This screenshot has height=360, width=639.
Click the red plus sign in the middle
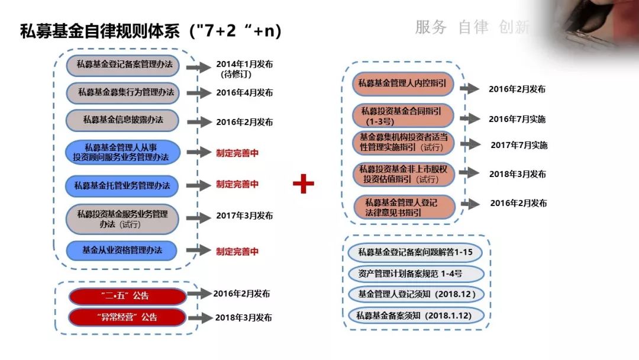[x=304, y=184]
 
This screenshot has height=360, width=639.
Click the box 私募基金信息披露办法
[x=122, y=120]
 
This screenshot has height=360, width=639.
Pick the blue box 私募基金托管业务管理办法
[x=122, y=185]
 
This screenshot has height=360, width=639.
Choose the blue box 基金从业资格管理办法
[x=122, y=250]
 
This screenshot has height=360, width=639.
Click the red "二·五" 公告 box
[x=127, y=295]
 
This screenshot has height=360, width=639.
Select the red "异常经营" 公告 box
[x=127, y=317]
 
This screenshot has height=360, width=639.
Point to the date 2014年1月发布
[x=244, y=64]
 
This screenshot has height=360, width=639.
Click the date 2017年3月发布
[x=244, y=216]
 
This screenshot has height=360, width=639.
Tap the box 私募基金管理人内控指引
[x=402, y=83]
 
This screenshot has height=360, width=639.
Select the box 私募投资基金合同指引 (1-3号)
[x=402, y=115]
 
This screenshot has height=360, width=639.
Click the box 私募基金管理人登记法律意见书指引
[x=405, y=207]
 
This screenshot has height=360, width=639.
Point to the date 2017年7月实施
[x=519, y=145]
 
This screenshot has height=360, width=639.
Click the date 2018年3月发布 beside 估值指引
[x=518, y=174]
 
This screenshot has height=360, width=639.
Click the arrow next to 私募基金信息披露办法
[x=198, y=121]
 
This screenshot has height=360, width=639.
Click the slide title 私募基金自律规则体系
[x=100, y=31]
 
